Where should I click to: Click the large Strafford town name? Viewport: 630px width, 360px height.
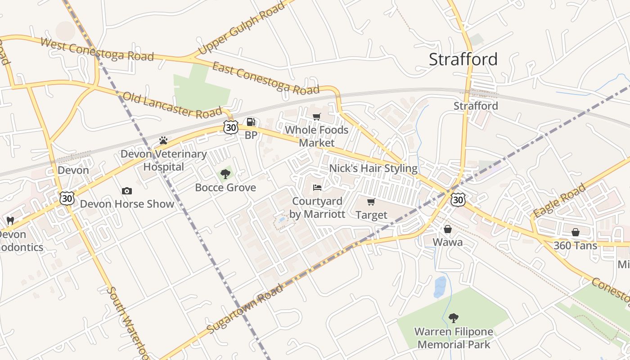[463, 59]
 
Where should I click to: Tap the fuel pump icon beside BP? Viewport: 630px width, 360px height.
[251, 122]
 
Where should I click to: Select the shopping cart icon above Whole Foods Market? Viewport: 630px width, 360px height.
[317, 117]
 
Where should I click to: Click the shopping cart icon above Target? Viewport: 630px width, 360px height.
[371, 202]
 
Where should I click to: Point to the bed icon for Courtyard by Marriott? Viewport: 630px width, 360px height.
[317, 188]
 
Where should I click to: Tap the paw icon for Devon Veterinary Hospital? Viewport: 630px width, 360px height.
[163, 141]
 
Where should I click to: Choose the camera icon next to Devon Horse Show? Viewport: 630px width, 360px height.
[127, 191]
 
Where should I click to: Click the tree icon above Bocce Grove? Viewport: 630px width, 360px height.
[225, 174]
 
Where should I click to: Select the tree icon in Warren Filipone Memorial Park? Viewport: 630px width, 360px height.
[454, 318]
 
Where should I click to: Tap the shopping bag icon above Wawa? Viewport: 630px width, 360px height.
[448, 229]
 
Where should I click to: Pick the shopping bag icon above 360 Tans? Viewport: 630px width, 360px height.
[575, 232]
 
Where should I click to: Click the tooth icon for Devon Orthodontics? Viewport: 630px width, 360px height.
[10, 220]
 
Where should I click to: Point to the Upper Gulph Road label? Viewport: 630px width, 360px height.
[242, 28]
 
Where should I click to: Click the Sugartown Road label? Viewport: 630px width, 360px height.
[246, 309]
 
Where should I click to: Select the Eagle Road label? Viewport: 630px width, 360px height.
[559, 200]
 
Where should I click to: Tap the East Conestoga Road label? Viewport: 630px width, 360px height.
[265, 77]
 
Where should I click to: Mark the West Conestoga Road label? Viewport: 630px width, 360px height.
[97, 49]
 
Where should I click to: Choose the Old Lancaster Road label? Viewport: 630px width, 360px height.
[172, 104]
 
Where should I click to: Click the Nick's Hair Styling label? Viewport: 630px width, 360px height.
[373, 168]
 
